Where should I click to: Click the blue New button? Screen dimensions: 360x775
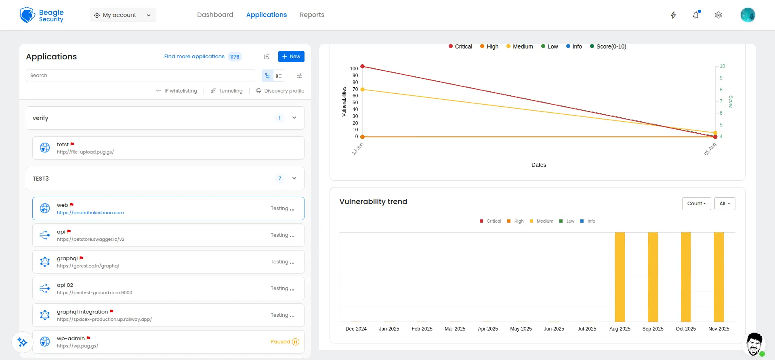coord(291,57)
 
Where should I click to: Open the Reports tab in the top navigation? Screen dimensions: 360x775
coord(312,15)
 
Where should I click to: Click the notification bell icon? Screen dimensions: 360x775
coord(695,15)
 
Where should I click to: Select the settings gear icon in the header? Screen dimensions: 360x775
coord(718,15)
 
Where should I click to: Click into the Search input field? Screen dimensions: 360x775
coord(140,76)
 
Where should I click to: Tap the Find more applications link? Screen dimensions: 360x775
coord(194,57)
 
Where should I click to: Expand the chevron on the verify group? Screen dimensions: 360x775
coord(294,118)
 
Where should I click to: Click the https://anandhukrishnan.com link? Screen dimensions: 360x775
coord(90,213)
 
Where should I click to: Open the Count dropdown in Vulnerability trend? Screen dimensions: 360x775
coord(696,204)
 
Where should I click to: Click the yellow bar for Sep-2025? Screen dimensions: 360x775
coord(653,277)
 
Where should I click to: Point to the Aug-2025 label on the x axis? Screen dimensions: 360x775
coord(620,329)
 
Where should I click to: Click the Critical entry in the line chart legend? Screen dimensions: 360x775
coord(460,46)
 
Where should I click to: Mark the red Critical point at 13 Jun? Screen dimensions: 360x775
coord(362,66)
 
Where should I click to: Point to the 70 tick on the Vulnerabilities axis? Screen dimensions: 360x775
coord(355,89)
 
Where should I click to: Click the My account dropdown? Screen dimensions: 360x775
coord(123,15)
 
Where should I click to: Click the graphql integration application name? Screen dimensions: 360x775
coord(82,312)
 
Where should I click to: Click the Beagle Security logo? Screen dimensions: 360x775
coord(42,15)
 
